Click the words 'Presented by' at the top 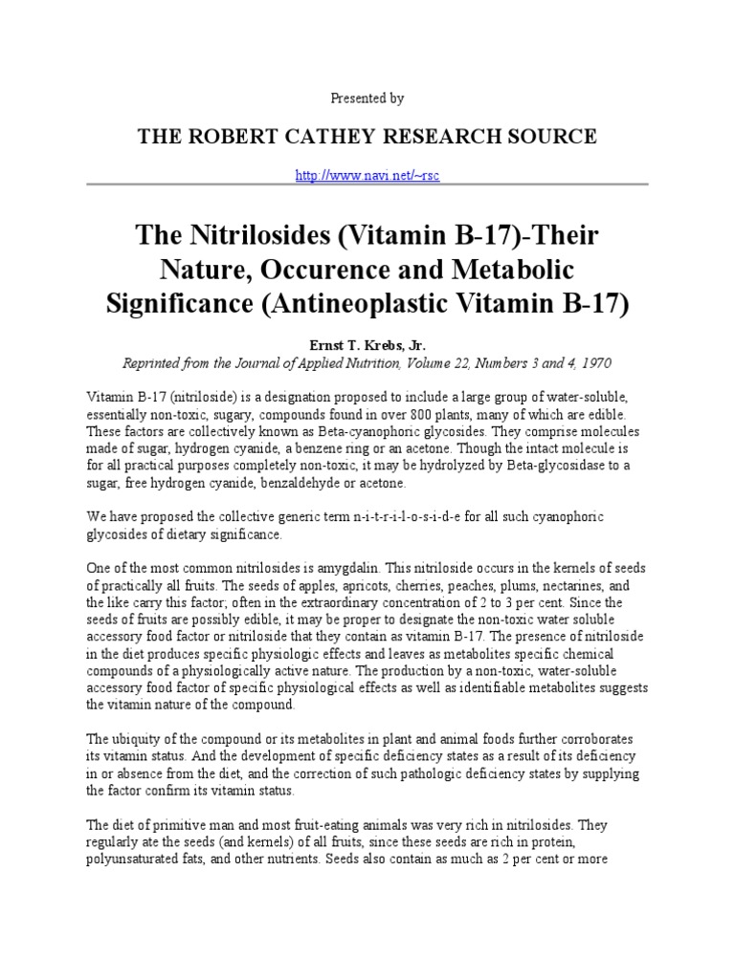click(x=367, y=98)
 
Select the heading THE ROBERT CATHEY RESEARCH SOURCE click(x=367, y=137)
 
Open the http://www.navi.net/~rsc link click(x=367, y=177)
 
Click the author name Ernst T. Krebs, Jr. click(x=367, y=345)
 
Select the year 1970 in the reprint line click(x=593, y=363)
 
